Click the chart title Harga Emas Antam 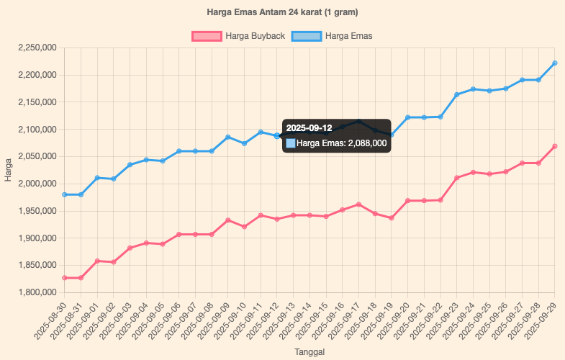click(282, 12)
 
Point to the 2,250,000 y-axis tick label click(37, 48)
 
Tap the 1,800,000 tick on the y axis click(37, 292)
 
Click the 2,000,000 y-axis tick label click(37, 184)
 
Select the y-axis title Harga click(8, 170)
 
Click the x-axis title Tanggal click(309, 352)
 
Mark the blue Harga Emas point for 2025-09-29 click(554, 63)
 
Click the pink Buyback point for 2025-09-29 click(554, 147)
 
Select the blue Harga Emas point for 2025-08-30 click(64, 194)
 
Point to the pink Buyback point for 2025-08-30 click(64, 278)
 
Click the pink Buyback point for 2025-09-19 click(391, 218)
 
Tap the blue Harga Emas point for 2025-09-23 click(456, 94)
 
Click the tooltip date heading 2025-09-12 click(309, 128)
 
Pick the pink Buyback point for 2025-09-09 click(227, 220)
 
